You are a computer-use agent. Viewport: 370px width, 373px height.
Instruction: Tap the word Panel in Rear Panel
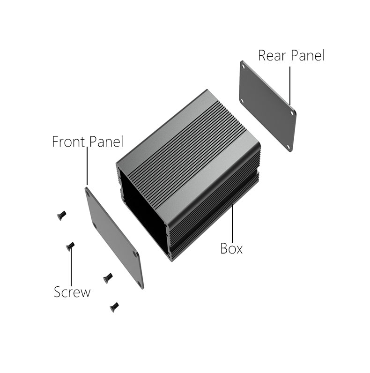pos(308,56)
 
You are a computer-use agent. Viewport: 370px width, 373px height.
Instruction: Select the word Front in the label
pos(68,142)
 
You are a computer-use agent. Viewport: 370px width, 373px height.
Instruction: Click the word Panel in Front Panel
pos(106,142)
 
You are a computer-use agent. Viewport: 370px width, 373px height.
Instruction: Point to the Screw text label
pos(72,292)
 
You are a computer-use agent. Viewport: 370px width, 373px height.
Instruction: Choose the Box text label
pos(231,248)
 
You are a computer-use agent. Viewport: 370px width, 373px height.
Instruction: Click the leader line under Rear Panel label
pos(290,86)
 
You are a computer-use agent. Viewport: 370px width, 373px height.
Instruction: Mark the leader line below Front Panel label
pos(87,166)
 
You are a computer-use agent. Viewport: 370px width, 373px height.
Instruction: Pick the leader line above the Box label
pos(232,223)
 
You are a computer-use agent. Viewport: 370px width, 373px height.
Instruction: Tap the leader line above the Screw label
pos(71,266)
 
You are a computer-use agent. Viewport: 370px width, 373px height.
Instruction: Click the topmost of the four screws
pos(61,215)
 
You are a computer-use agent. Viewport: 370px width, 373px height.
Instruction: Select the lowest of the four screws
pos(114,307)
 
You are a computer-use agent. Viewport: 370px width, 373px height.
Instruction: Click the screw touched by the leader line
pos(70,246)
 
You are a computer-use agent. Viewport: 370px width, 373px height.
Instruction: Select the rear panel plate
pos(268,106)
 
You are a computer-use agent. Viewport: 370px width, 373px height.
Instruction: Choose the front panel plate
pos(114,238)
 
